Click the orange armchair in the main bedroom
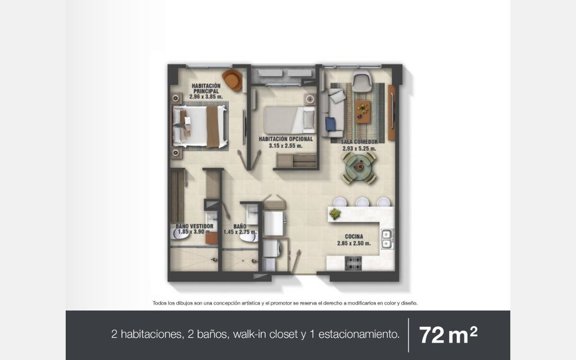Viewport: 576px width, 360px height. pyautogui.click(x=232, y=80)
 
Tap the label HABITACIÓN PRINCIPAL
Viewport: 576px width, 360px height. pyautogui.click(x=206, y=89)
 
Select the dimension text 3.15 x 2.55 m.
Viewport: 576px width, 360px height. pyautogui.click(x=286, y=146)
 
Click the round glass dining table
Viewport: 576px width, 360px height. pyautogui.click(x=359, y=168)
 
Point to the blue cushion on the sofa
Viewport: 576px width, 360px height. pyautogui.click(x=330, y=123)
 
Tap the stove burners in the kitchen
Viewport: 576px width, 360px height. pyautogui.click(x=353, y=263)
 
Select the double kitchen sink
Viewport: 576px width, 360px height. pyautogui.click(x=387, y=239)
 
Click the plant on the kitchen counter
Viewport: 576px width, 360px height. pyautogui.click(x=335, y=214)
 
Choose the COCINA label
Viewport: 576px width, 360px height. pyautogui.click(x=354, y=237)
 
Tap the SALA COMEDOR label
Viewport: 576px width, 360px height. pyautogui.click(x=359, y=142)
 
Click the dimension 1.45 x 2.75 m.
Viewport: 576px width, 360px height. pyautogui.click(x=240, y=232)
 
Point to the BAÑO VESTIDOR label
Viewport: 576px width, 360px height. pyautogui.click(x=194, y=226)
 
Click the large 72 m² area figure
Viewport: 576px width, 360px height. pyautogui.click(x=448, y=335)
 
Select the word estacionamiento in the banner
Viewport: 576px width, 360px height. pyautogui.click(x=359, y=334)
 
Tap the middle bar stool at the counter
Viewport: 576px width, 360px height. pyautogui.click(x=363, y=202)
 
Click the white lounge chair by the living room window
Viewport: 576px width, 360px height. pyautogui.click(x=362, y=81)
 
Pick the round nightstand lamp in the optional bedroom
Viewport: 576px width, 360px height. pyautogui.click(x=310, y=99)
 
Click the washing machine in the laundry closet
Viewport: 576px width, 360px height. pyautogui.click(x=272, y=248)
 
